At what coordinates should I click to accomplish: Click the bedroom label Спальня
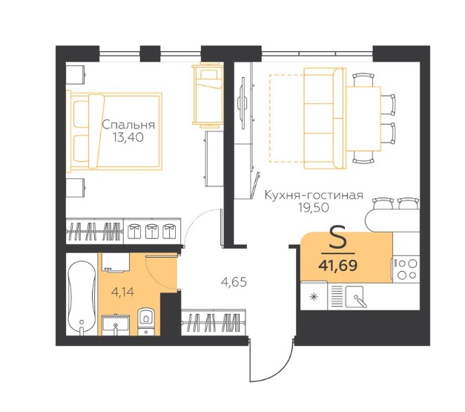point(128,125)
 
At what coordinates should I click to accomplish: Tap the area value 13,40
point(128,137)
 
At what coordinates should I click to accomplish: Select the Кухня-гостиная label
point(314,195)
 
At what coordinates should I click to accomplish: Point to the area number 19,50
point(314,208)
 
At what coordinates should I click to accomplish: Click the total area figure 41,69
point(337,265)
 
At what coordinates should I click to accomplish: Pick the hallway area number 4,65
point(234,282)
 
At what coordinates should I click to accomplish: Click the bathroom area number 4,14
point(122,292)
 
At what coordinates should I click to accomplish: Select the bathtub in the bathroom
point(82,298)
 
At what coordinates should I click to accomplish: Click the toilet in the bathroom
point(145,321)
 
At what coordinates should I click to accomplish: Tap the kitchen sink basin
point(354,296)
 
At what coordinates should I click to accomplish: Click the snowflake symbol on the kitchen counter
point(314,296)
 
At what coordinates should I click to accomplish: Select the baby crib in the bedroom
point(208,95)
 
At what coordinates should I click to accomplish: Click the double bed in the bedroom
point(114,131)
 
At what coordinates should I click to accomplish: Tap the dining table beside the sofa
point(363,119)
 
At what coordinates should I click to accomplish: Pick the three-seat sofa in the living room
point(325,119)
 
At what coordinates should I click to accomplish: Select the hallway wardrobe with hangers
point(214,323)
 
